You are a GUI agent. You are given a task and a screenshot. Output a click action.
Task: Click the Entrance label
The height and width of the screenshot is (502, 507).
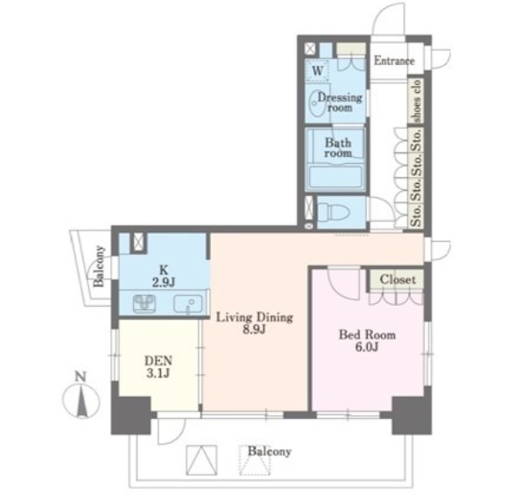[394, 60]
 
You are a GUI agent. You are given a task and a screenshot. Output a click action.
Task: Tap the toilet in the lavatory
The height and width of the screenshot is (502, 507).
[334, 212]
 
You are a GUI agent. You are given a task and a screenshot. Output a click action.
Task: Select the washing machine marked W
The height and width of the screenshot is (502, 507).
[318, 70]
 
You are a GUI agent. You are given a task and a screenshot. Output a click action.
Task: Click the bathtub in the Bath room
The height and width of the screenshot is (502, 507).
[335, 177]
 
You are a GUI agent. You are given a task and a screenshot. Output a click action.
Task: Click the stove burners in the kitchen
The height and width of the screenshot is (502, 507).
[144, 304]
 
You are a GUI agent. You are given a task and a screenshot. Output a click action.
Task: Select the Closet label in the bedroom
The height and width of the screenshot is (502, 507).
[398, 279]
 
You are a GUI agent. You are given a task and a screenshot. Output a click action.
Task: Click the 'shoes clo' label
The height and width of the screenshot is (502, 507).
[417, 102]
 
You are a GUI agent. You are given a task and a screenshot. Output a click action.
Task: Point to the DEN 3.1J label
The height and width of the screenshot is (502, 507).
[158, 367]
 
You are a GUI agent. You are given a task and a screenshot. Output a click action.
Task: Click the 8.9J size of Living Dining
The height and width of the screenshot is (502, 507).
[255, 329]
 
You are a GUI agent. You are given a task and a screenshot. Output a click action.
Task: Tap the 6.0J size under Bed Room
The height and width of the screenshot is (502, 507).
[367, 347]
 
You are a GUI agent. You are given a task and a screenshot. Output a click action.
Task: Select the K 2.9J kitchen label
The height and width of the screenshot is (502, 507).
[164, 276]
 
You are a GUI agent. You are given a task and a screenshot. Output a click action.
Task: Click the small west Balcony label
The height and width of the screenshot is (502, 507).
[99, 266]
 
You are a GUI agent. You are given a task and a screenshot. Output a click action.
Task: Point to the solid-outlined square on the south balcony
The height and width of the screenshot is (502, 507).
[201, 460]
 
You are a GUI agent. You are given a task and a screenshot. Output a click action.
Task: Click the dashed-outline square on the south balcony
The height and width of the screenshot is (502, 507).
[255, 461]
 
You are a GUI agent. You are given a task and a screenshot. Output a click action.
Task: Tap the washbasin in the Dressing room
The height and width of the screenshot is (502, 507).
[317, 103]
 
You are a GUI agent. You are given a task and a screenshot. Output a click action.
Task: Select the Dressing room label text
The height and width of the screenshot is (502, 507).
[340, 103]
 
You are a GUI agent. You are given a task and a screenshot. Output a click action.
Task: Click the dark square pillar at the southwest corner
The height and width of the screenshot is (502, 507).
[131, 415]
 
